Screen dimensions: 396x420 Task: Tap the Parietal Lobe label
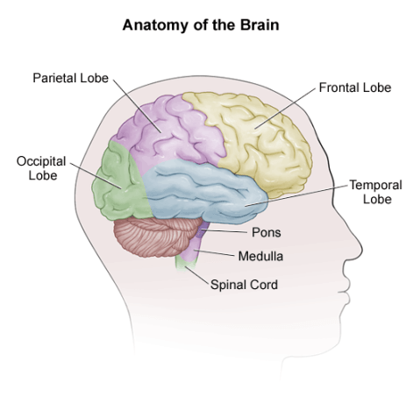[x=70, y=78]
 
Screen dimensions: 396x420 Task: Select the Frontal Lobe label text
[x=354, y=88]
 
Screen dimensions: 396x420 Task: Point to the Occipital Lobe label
[x=36, y=168]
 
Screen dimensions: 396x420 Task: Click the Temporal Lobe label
[x=375, y=192]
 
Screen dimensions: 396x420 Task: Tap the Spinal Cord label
[x=244, y=285]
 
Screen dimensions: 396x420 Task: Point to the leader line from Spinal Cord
[x=198, y=272]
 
